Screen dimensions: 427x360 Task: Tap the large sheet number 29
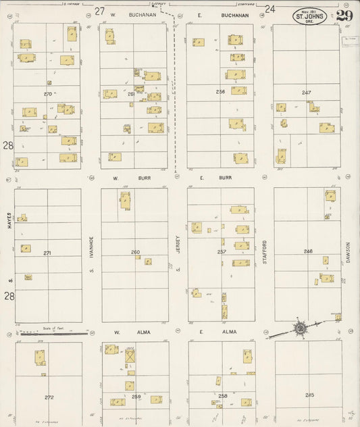(x=343, y=16)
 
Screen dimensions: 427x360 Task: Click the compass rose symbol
(x=299, y=329)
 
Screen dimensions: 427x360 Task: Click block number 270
(x=47, y=93)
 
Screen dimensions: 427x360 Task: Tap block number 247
(x=306, y=93)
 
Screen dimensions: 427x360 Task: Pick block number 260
(x=135, y=252)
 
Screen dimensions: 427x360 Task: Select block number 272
(x=49, y=397)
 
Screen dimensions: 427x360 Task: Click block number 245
(x=309, y=395)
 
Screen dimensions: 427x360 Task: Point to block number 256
(x=220, y=91)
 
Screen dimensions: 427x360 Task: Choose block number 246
(x=308, y=251)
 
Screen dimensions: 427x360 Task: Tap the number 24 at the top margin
(x=270, y=9)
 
